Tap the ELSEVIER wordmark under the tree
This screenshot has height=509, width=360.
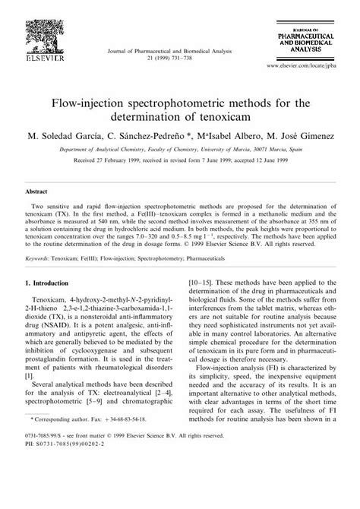(x=37, y=57)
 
